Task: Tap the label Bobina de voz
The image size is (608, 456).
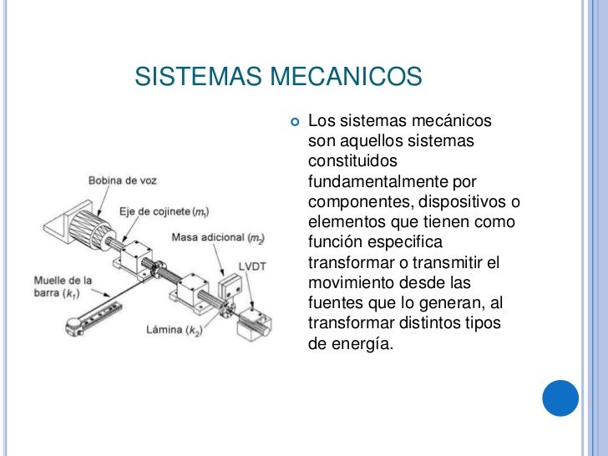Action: [123, 180]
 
